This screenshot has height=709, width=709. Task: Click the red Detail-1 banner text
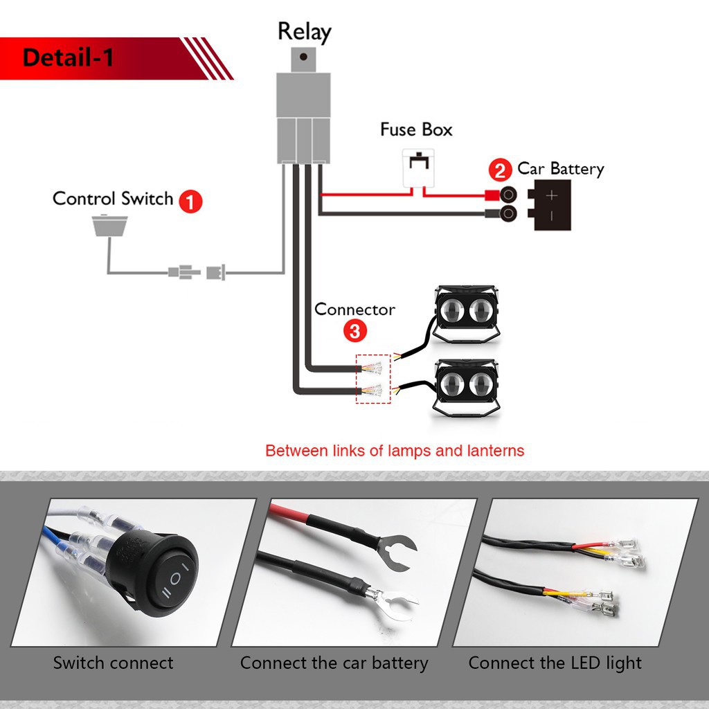(68, 57)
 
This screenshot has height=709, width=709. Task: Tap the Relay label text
(304, 32)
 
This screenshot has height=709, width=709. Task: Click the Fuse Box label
(416, 129)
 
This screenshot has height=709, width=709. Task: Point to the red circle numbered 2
(499, 170)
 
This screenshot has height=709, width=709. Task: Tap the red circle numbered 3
(354, 331)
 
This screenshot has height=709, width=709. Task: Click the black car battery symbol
(552, 205)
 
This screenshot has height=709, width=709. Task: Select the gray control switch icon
(109, 225)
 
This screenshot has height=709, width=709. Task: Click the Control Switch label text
(113, 199)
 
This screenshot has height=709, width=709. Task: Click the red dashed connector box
(373, 379)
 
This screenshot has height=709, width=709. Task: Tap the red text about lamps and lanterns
(395, 451)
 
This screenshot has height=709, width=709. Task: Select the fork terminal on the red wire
(398, 551)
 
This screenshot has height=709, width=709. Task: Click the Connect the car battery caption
(334, 663)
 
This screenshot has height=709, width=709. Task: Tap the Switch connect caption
(113, 663)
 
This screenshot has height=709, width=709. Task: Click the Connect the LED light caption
(555, 663)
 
